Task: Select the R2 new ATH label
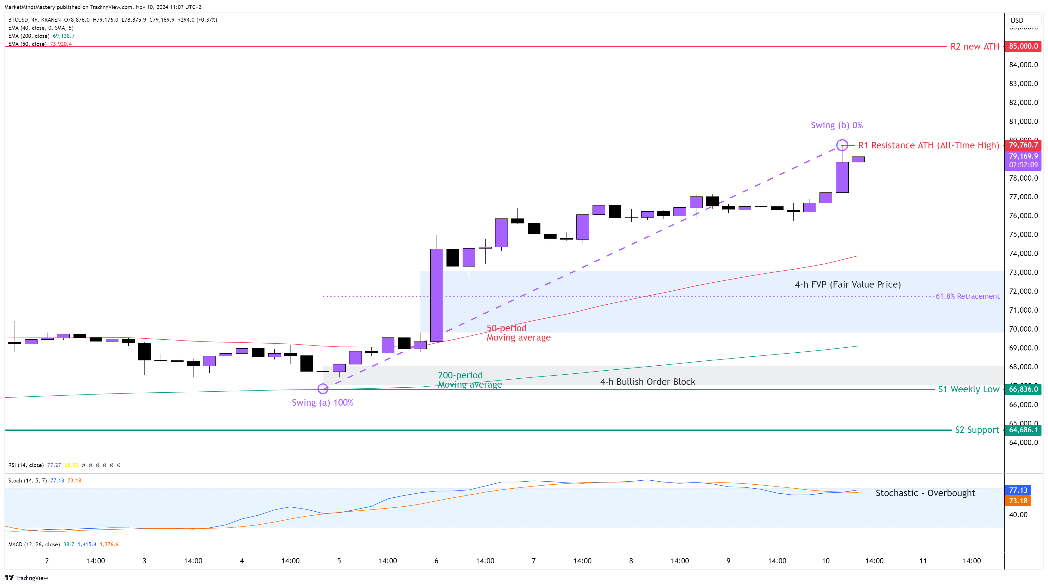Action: click(x=975, y=47)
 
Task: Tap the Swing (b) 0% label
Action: click(x=837, y=125)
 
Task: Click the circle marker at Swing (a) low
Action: click(x=323, y=389)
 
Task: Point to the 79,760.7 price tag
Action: click(x=1023, y=145)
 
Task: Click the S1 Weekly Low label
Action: click(x=968, y=389)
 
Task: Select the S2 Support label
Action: click(x=977, y=430)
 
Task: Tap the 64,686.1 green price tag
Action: click(x=1023, y=430)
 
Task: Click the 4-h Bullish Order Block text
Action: click(x=647, y=382)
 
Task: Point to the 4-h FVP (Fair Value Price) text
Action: click(x=847, y=284)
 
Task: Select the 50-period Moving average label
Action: click(x=518, y=333)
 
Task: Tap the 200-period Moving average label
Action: click(x=469, y=380)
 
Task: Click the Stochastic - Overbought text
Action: click(x=925, y=493)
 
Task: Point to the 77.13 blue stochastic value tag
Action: click(x=1018, y=490)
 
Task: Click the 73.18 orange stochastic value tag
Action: click(x=1018, y=500)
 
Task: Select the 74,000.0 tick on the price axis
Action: click(x=1023, y=253)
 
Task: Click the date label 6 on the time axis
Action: click(x=436, y=561)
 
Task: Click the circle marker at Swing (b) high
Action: click(x=842, y=145)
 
